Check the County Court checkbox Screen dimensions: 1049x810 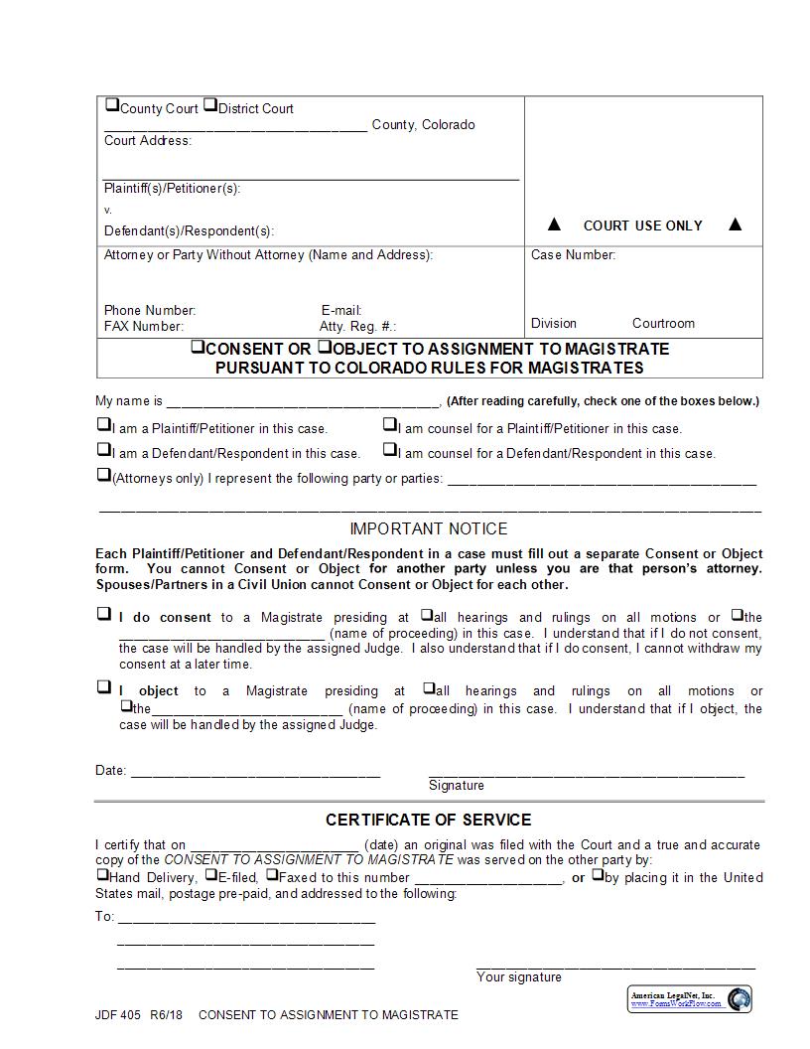[112, 105]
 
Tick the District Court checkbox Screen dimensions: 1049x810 [210, 105]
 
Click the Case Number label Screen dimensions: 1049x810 [573, 255]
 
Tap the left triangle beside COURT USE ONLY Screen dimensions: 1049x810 [555, 225]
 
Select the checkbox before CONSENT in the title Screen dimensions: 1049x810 [198, 348]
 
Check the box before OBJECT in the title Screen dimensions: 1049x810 [324, 348]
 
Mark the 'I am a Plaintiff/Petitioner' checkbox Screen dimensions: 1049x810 [103, 425]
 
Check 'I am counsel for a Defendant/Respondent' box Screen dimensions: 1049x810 [390, 450]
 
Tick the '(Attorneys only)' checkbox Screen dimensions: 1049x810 [103, 475]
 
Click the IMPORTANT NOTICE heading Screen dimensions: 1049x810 [429, 529]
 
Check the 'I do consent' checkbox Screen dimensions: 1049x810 [103, 614]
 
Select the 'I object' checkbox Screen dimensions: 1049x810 [103, 686]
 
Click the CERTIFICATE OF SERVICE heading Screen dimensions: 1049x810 [429, 821]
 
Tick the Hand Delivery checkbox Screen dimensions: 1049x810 [102, 875]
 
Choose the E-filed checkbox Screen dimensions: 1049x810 [210, 875]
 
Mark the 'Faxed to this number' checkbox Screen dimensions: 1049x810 [272, 875]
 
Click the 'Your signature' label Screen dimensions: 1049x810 [518, 977]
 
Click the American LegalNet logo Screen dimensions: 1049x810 [690, 998]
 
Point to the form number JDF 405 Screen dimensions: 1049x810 [118, 1015]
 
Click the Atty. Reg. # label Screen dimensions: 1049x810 [357, 327]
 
